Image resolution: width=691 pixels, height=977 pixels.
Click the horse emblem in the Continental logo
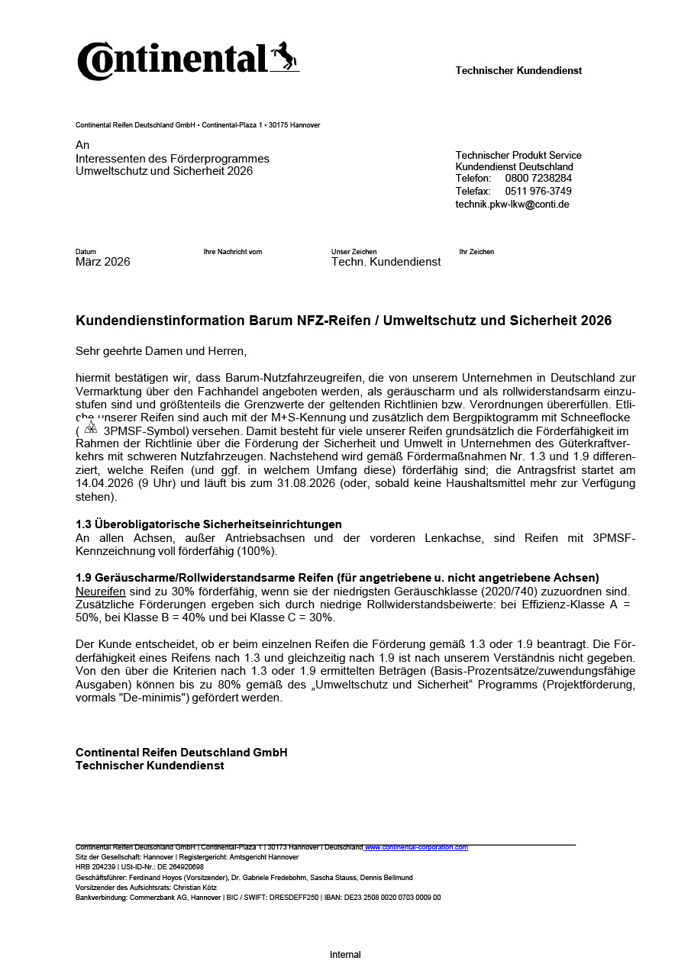tap(284, 56)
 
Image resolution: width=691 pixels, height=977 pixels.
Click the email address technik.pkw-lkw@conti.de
tap(512, 205)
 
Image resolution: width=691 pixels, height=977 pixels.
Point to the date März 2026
tap(103, 262)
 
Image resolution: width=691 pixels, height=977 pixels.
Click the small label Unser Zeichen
tap(354, 252)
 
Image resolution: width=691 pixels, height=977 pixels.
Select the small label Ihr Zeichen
tap(476, 252)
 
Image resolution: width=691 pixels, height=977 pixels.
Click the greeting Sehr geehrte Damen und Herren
tap(161, 351)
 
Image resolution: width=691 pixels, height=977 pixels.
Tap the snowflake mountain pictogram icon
tap(91, 427)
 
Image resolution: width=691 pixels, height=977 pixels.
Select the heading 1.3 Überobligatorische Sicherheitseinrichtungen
tap(208, 524)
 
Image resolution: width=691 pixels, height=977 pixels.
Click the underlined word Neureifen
tap(101, 591)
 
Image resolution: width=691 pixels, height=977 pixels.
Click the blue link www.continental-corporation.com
tap(416, 847)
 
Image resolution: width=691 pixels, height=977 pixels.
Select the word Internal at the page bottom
tap(345, 955)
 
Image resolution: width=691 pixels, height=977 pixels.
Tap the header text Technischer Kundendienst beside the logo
tap(518, 71)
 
